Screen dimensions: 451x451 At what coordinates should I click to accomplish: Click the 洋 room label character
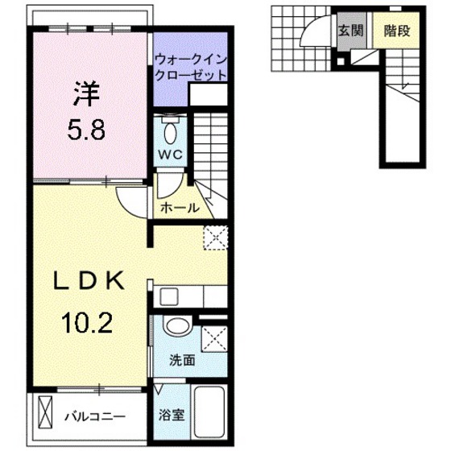[85, 94]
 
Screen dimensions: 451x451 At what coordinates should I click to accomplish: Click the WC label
[170, 153]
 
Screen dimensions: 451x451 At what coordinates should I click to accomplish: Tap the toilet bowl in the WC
[171, 131]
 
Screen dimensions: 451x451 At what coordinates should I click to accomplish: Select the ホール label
[180, 208]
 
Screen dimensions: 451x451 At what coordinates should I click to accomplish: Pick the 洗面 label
[182, 360]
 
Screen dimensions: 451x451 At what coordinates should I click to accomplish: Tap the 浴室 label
[172, 417]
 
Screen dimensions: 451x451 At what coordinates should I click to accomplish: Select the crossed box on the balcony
[43, 417]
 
